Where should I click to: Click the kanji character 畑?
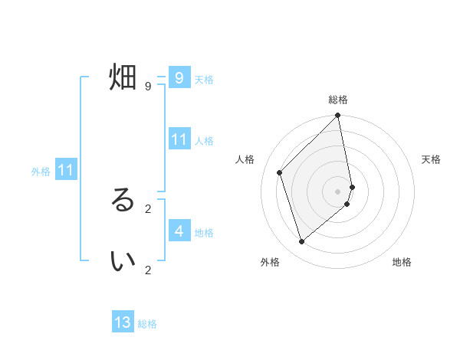coord(123,77)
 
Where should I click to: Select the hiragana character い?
coord(123,261)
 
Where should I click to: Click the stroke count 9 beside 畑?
coord(148,87)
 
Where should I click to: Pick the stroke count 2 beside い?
coord(148,270)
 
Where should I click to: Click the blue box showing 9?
coord(179,77)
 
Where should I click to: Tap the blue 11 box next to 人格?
coord(179,139)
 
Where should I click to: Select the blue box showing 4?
coord(179,231)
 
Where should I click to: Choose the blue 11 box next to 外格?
coord(65,170)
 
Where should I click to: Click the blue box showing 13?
coord(123,322)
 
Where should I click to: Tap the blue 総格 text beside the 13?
coord(147,324)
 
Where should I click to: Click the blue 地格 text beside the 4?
coord(204,233)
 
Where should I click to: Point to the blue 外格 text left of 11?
coord(41,172)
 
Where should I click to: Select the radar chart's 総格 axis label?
coord(338,100)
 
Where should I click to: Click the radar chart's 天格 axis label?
coord(432,159)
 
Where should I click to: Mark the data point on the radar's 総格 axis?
coord(338,116)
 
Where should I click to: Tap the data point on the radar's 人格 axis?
coord(280,172)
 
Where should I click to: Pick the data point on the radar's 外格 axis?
coord(301,241)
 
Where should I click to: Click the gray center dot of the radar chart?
coord(338,191)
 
